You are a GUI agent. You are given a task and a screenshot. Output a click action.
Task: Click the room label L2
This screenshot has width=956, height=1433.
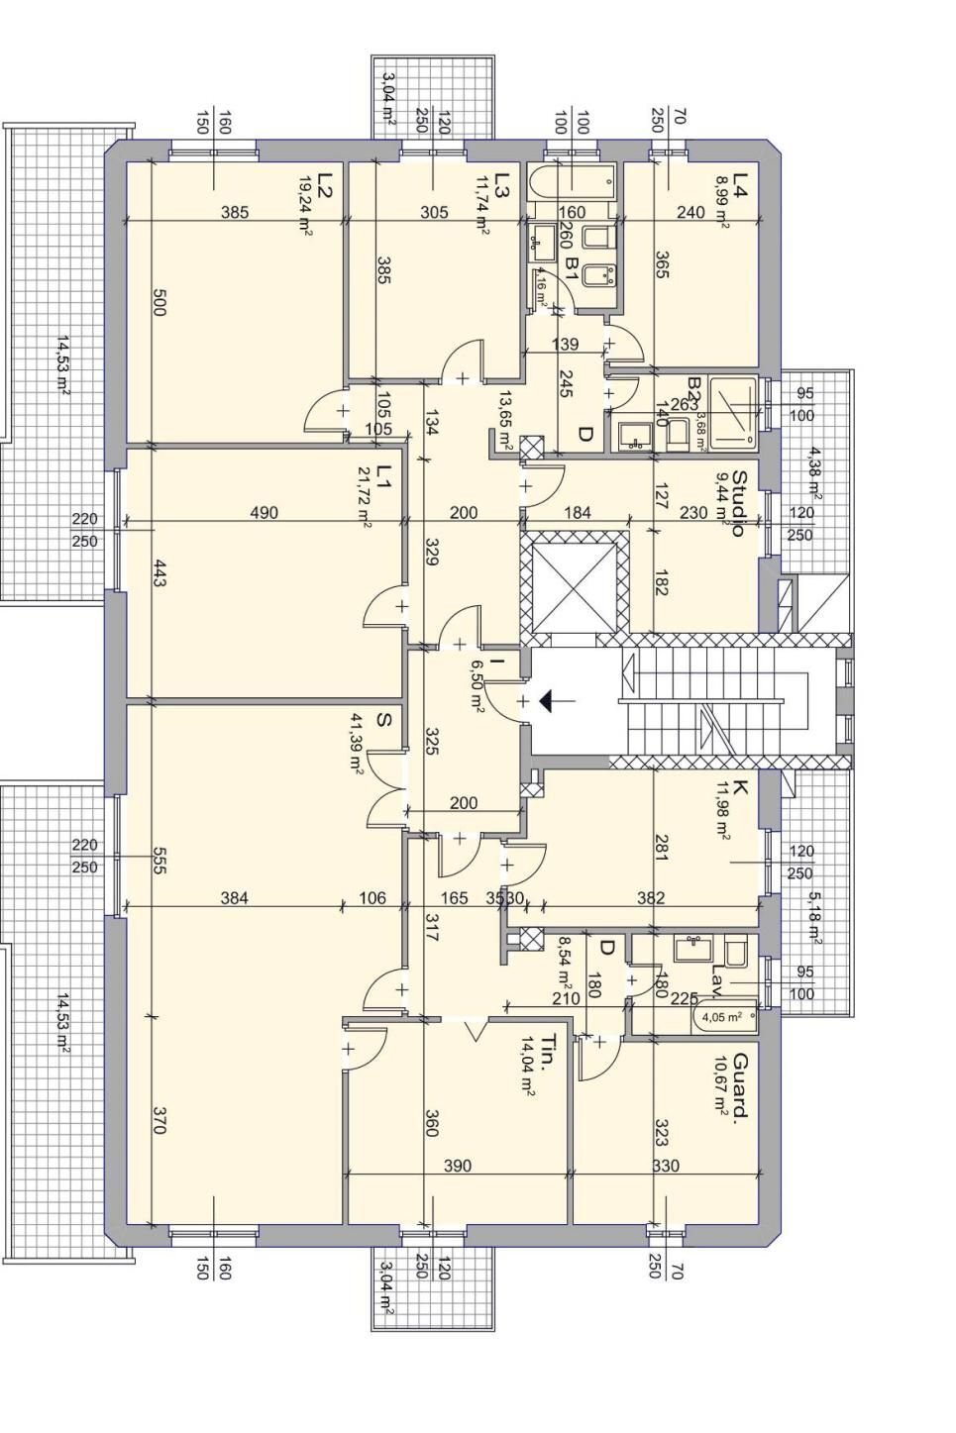click(x=324, y=183)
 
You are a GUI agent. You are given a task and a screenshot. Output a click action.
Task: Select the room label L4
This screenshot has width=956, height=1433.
click(x=739, y=183)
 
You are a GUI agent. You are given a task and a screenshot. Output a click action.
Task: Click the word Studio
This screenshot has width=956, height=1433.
click(x=737, y=503)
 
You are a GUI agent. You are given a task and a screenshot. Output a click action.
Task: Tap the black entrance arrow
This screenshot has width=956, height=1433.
click(x=546, y=701)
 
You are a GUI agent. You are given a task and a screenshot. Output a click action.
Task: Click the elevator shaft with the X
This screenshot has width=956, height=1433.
click(x=575, y=583)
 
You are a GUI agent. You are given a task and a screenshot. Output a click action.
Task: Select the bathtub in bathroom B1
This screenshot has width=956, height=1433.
click(x=574, y=183)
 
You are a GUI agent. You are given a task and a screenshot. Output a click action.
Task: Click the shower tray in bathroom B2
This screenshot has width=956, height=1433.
click(x=734, y=409)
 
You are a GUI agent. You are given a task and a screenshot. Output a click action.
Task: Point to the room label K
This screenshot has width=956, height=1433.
click(x=739, y=790)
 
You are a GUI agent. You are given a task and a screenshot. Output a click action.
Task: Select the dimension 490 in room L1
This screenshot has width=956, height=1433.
click(x=265, y=512)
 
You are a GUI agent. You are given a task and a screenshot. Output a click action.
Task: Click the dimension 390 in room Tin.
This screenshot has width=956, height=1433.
click(x=457, y=1166)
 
